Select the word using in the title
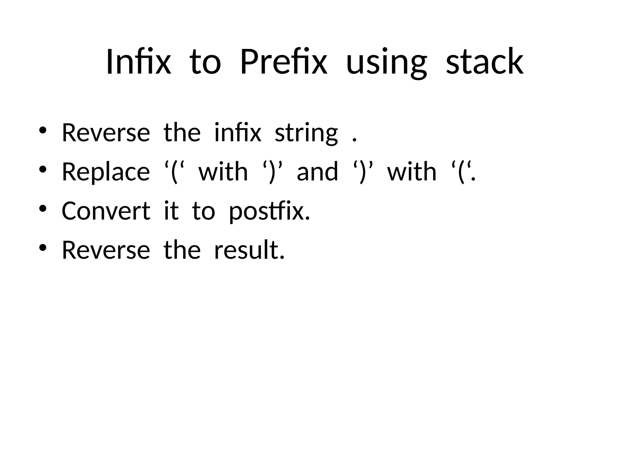coord(386,63)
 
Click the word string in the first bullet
coord(306,133)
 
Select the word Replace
coord(106,172)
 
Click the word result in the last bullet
coord(249,250)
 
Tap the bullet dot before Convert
coord(42,209)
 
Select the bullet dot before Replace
coord(42,169)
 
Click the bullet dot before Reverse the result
coord(42,248)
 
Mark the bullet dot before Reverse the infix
coord(42,130)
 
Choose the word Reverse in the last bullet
coord(106,250)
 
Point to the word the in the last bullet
coord(182,250)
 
